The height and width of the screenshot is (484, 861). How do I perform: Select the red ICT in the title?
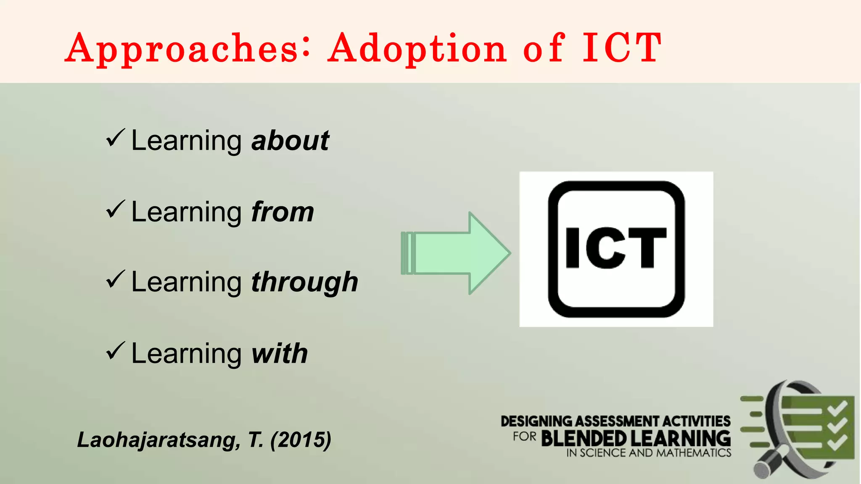[621, 48]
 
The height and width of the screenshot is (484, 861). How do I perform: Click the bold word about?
[290, 141]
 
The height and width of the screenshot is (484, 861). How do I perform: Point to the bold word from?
[283, 212]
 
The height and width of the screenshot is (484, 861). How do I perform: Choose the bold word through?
[304, 282]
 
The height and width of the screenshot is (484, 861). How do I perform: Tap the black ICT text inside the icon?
[616, 248]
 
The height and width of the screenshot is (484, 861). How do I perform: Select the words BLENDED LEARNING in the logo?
[636, 439]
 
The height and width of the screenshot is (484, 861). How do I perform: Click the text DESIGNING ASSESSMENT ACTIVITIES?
[615, 421]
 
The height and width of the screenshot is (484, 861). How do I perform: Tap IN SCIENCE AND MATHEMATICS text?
[649, 453]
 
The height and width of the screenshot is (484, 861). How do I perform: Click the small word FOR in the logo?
[524, 437]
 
